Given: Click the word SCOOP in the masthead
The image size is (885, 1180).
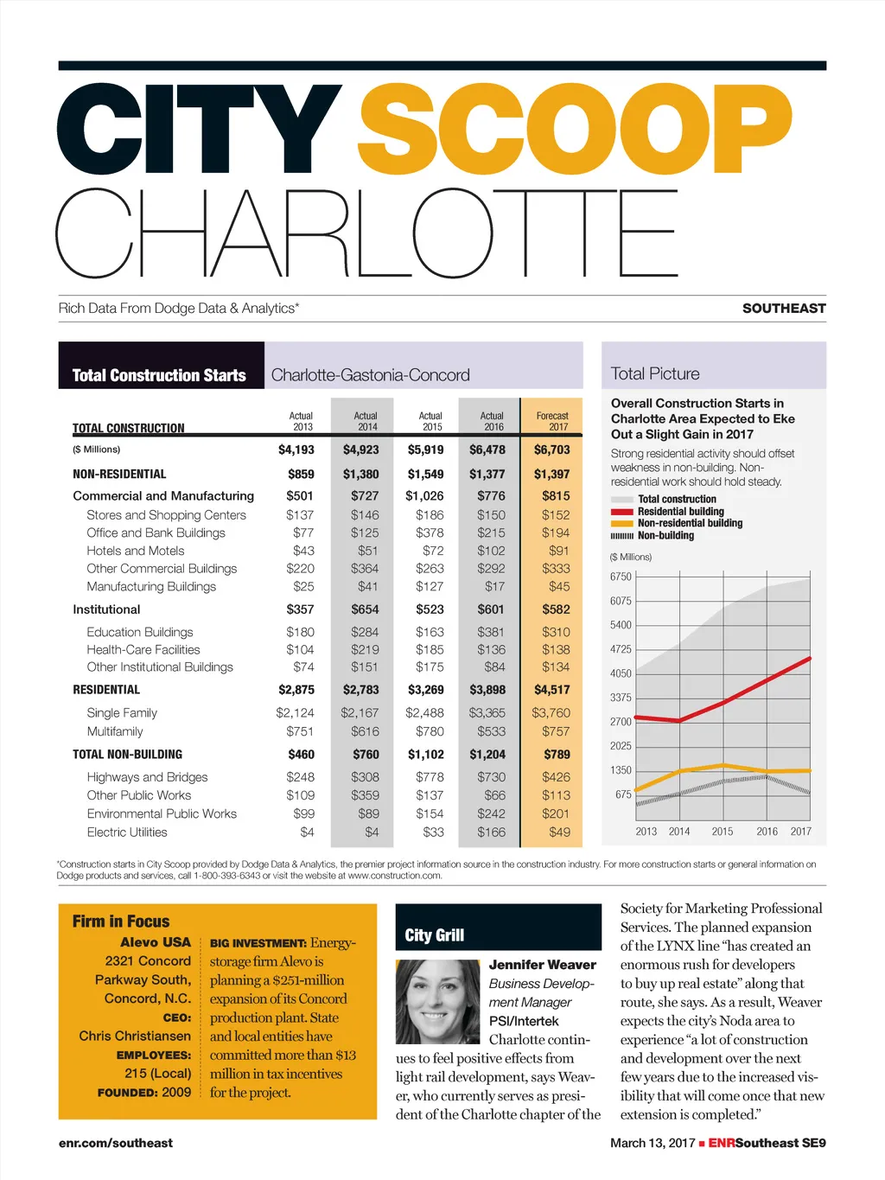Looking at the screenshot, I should pyautogui.click(x=575, y=130).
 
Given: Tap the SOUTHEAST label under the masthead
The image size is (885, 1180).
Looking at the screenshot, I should pyautogui.click(x=783, y=309).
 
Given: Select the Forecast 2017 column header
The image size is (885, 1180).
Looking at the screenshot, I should pyautogui.click(x=552, y=421).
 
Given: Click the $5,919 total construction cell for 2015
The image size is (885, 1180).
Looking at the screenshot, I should pyautogui.click(x=425, y=450).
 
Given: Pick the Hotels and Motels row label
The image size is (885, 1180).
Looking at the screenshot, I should pyautogui.click(x=136, y=551).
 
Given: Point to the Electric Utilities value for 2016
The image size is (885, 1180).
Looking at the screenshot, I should pyautogui.click(x=491, y=832).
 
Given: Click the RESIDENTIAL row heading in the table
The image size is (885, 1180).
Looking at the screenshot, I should pyautogui.click(x=106, y=690).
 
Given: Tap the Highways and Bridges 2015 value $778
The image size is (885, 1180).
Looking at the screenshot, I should pyautogui.click(x=430, y=777).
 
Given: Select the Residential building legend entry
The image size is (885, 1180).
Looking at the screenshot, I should pyautogui.click(x=680, y=512).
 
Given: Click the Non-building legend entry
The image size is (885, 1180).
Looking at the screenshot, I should pyautogui.click(x=665, y=536).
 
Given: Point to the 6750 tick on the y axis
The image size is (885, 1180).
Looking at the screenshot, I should pyautogui.click(x=621, y=577).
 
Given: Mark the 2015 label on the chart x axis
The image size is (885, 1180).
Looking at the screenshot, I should pyautogui.click(x=723, y=832).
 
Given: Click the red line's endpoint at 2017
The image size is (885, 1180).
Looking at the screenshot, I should pyautogui.click(x=810, y=658).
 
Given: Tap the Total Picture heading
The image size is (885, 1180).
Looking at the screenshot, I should pyautogui.click(x=655, y=374).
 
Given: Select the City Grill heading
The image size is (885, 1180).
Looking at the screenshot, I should pyautogui.click(x=435, y=935).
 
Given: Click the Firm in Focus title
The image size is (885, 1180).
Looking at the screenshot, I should pyautogui.click(x=121, y=922).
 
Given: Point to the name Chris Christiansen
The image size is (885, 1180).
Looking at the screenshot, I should pyautogui.click(x=135, y=1036).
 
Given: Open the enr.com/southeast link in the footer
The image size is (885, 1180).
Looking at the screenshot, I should pyautogui.click(x=116, y=1143).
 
